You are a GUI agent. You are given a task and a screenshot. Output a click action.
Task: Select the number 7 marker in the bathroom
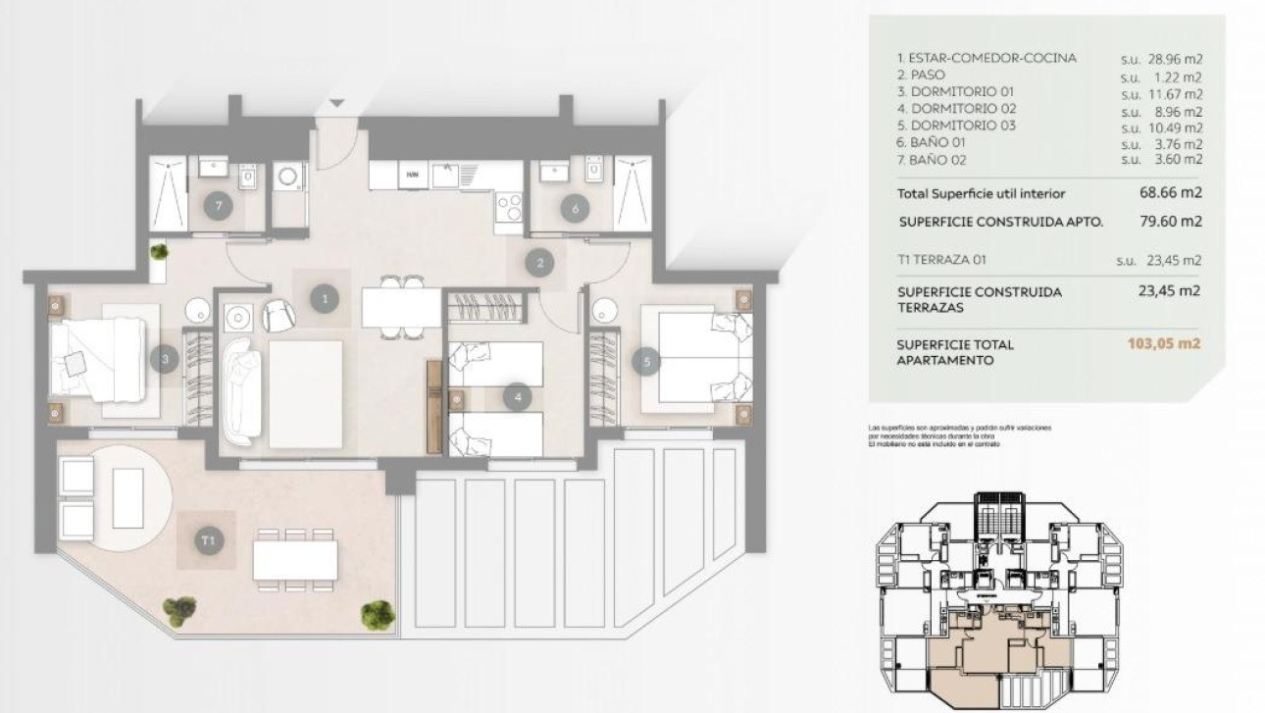(221, 207)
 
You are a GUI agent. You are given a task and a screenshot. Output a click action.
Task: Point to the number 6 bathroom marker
(575, 207)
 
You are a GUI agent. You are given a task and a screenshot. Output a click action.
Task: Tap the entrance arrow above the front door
(337, 103)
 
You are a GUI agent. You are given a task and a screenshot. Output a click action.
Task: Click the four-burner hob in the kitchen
(509, 208)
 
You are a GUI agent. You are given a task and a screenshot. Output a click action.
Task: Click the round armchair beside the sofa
(278, 314)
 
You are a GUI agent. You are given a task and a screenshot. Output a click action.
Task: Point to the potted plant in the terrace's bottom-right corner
(377, 615)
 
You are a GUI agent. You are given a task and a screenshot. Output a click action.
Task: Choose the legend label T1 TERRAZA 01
(941, 261)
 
